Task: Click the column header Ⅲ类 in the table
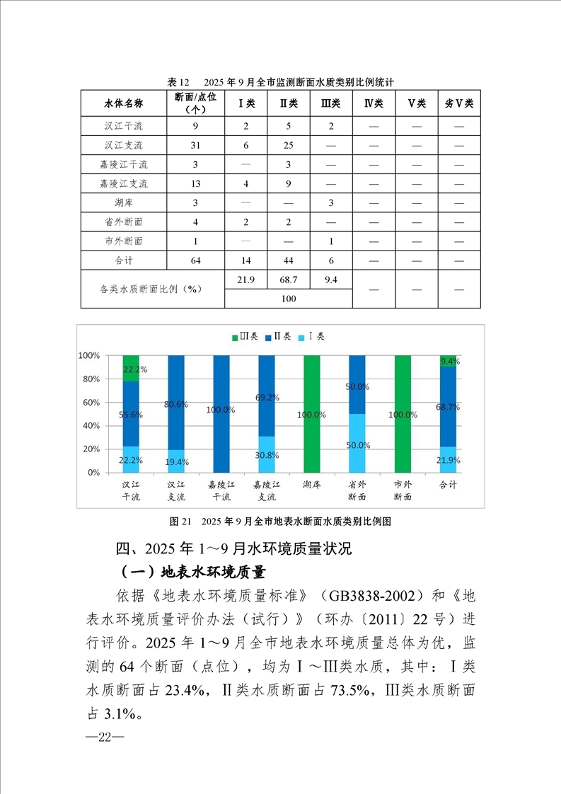(x=330, y=103)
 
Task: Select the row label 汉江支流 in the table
(x=124, y=146)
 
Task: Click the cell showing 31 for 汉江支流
(x=195, y=146)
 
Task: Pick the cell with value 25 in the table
(x=288, y=146)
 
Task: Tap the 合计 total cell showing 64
(x=195, y=260)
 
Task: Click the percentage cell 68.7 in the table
(x=288, y=280)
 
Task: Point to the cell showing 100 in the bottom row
(x=288, y=299)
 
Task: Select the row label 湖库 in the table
(x=124, y=203)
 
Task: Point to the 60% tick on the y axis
(x=93, y=402)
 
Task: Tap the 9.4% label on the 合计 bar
(x=449, y=361)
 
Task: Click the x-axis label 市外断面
(x=403, y=490)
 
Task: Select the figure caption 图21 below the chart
(x=281, y=522)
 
